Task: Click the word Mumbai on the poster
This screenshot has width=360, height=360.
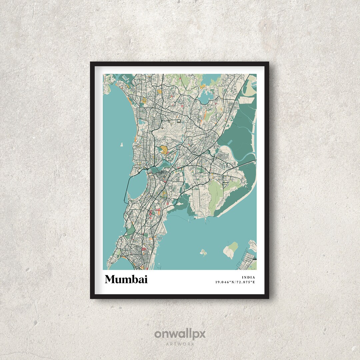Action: pos(126,279)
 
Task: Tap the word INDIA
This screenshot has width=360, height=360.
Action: pos(249,277)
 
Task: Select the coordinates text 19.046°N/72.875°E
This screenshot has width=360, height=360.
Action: pos(235,282)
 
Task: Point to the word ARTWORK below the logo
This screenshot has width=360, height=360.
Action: pos(180,344)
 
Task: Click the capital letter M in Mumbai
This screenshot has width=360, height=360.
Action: pos(111,279)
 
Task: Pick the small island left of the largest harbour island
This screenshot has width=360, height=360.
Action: pos(203,252)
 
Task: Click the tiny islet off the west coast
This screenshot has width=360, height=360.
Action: pos(121,145)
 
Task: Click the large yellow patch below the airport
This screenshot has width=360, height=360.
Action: pos(164,149)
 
